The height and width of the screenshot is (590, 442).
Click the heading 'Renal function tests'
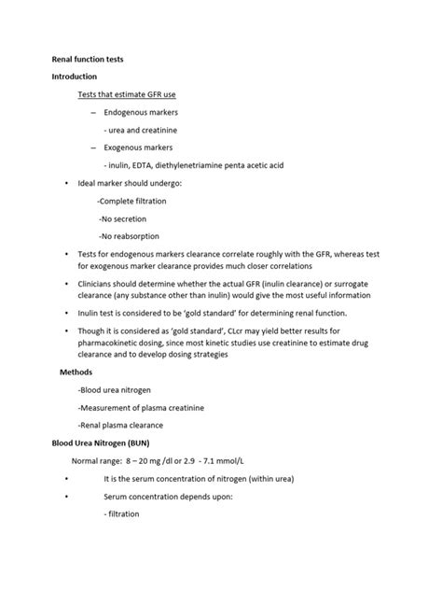(87, 60)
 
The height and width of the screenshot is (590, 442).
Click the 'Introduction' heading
(75, 77)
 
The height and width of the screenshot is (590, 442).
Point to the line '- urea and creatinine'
(141, 130)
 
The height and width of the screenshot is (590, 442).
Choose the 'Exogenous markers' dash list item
(137, 147)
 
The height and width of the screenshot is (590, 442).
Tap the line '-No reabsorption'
(130, 235)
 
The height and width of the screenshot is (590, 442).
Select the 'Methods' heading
(76, 371)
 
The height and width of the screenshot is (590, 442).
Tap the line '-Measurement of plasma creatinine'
(142, 407)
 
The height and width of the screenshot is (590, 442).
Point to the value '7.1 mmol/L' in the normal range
(219, 461)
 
